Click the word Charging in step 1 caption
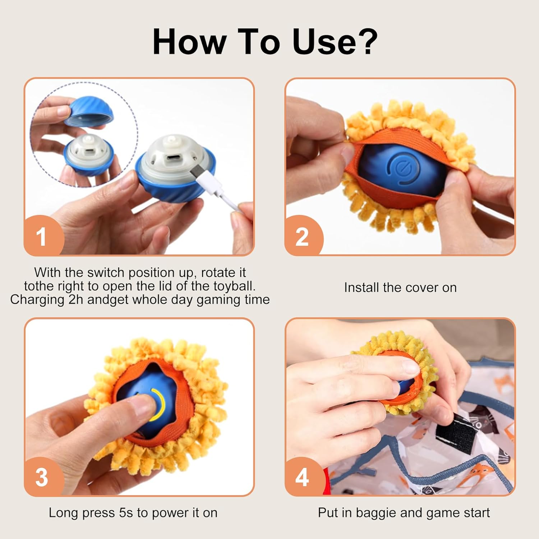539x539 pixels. [37, 300]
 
